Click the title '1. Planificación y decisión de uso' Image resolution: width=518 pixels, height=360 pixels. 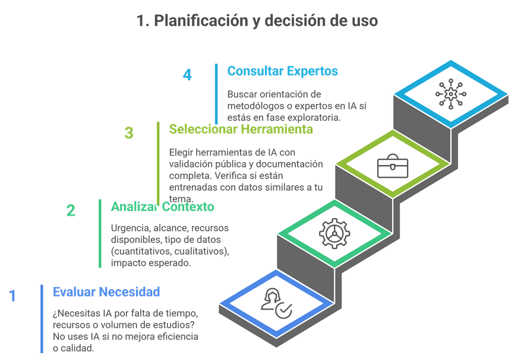(257, 21)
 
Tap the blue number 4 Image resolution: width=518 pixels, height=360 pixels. (187, 75)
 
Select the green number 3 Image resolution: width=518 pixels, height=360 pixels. (129, 132)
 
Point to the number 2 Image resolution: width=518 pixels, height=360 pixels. (71, 210)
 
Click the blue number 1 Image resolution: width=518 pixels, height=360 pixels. (12, 296)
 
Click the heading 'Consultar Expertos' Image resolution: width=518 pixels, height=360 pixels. (282, 71)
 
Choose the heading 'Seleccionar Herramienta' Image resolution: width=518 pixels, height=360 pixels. (241, 129)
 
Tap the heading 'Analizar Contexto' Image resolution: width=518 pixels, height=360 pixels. (162, 207)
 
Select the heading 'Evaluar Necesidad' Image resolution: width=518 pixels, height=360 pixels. (106, 292)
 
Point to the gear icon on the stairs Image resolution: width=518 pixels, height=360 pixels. (334, 233)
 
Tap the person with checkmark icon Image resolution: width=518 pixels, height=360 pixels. (276, 302)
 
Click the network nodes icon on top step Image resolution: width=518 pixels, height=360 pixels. (451, 93)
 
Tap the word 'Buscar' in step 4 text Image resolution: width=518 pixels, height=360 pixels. (241, 94)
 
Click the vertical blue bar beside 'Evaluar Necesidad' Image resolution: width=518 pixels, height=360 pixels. (42, 318)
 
